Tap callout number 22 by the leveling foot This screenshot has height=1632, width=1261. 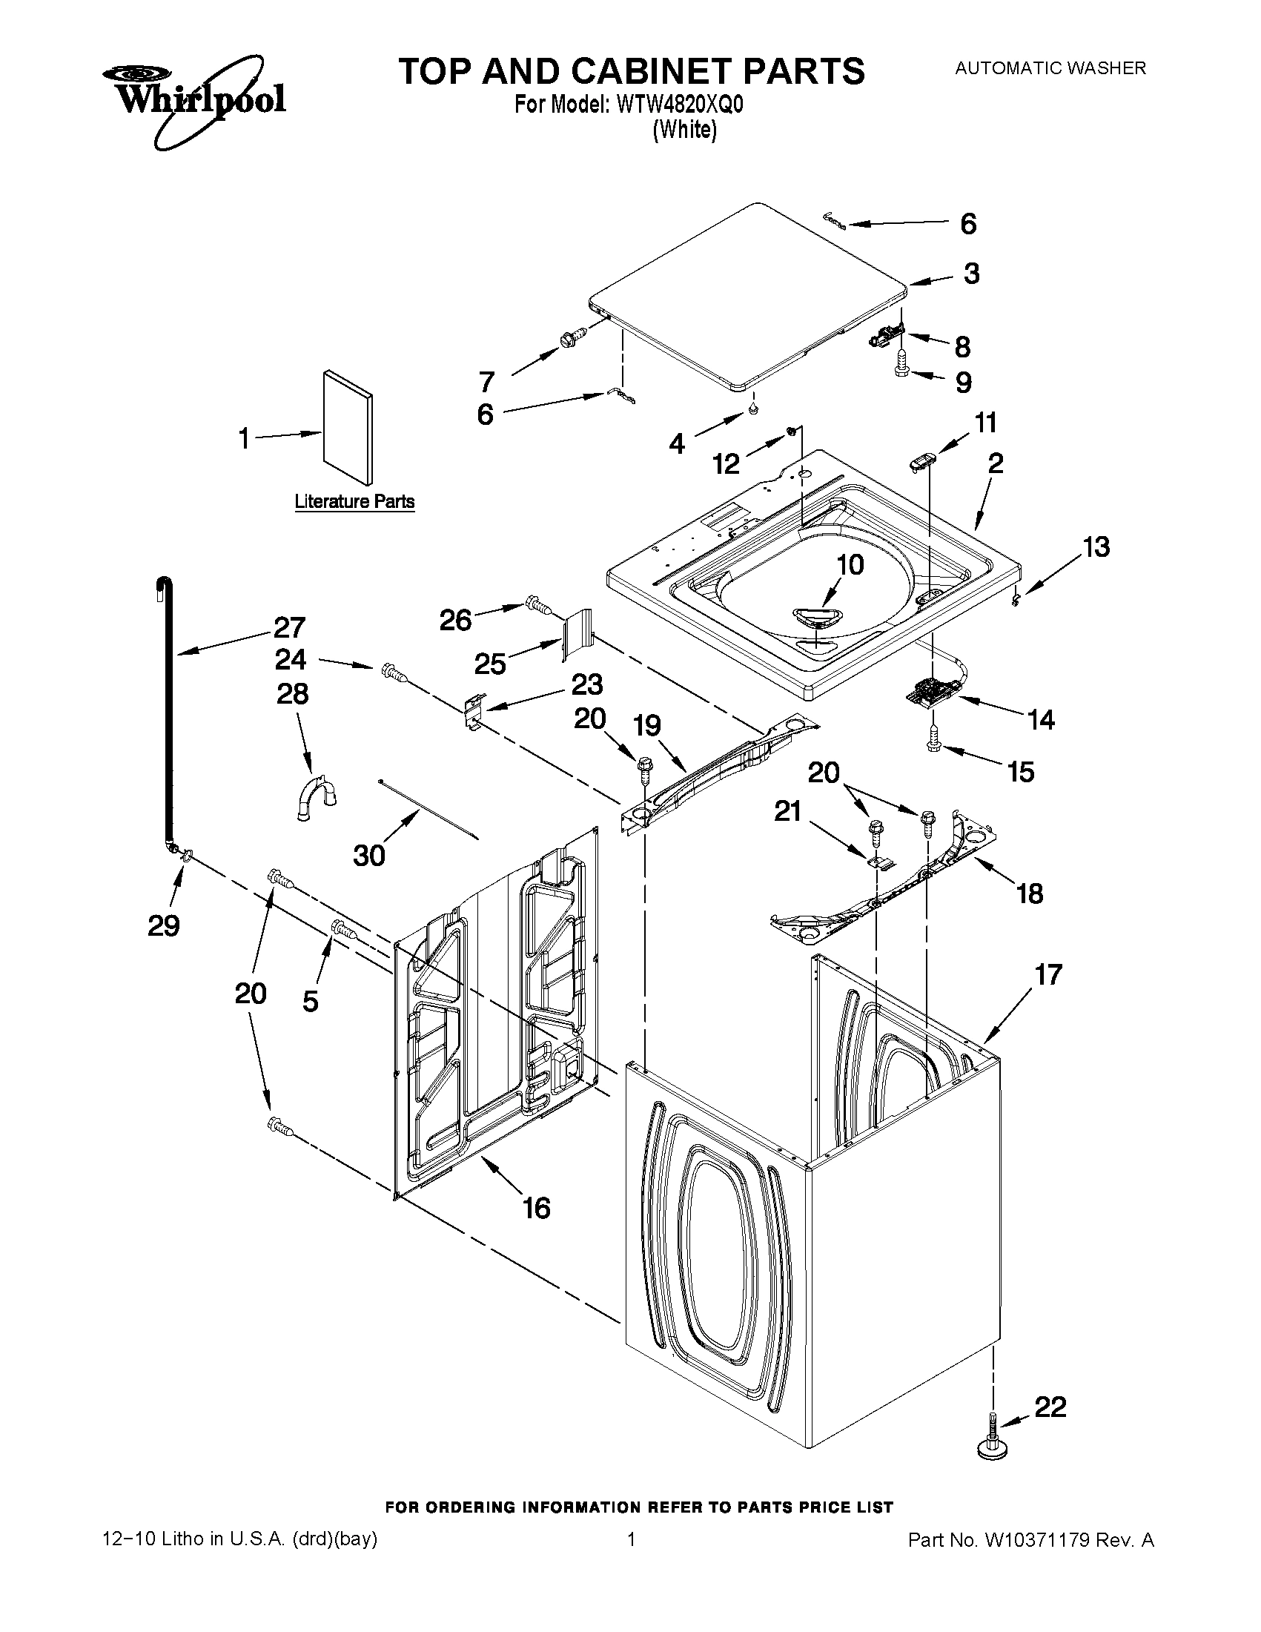click(1050, 1407)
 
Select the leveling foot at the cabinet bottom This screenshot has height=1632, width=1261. click(993, 1446)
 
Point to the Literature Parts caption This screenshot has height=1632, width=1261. click(354, 501)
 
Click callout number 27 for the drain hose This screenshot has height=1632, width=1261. click(290, 627)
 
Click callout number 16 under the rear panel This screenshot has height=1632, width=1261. click(537, 1208)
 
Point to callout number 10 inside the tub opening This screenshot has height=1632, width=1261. click(850, 564)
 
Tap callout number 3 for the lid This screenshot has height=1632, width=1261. click(970, 274)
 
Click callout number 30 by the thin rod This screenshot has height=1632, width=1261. click(368, 855)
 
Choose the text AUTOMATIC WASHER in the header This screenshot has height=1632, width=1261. click(1050, 68)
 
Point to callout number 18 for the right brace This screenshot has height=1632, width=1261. click(1030, 892)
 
